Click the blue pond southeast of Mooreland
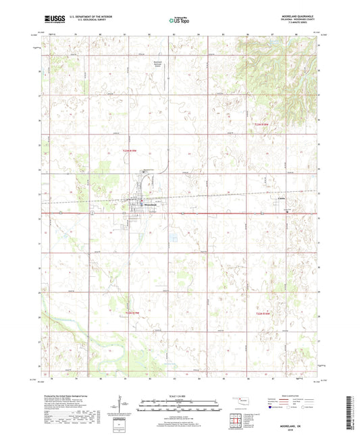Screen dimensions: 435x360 click(174, 237)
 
